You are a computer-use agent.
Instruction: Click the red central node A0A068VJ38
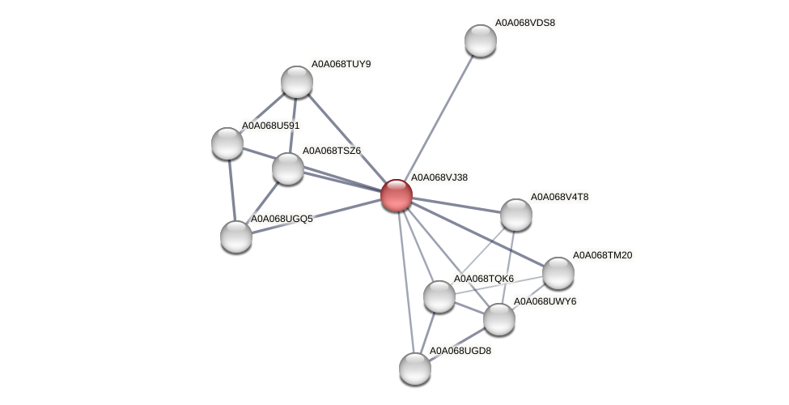[x=397, y=195]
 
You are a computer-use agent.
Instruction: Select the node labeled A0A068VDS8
[x=480, y=40]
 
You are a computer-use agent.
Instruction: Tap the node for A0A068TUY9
[x=297, y=82]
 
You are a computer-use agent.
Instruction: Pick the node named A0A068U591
[x=227, y=143]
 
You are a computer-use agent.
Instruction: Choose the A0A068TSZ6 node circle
[x=288, y=168]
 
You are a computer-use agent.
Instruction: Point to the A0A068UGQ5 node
[x=236, y=237]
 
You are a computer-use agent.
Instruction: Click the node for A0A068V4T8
[x=516, y=215]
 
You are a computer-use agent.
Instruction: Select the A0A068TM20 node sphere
[x=558, y=273]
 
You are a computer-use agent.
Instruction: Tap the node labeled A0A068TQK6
[x=439, y=296]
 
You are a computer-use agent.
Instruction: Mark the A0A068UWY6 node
[x=499, y=319]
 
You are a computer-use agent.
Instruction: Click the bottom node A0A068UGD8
[x=415, y=369]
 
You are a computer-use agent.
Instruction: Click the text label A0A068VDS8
[x=524, y=23]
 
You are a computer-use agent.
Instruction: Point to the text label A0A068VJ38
[x=439, y=177]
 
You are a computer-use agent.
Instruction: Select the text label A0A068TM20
[x=602, y=255]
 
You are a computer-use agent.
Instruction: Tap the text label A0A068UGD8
[x=459, y=351]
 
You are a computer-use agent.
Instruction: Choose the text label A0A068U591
[x=270, y=126]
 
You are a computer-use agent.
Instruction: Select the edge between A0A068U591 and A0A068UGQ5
[x=231, y=190]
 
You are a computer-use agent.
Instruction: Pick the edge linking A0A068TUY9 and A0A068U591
[x=262, y=113]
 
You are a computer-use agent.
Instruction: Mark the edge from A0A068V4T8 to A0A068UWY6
[x=508, y=266]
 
